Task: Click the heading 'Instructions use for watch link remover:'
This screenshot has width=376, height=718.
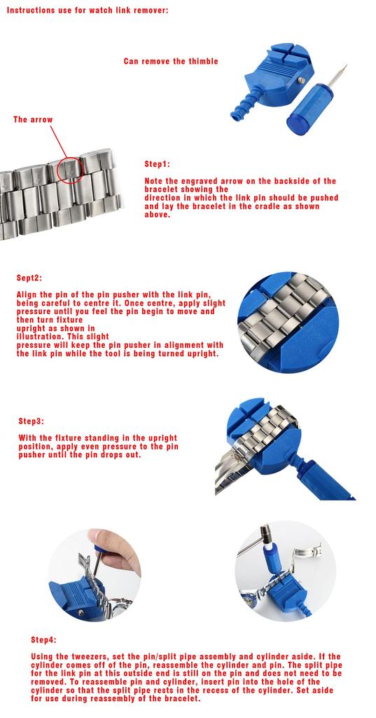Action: (88, 10)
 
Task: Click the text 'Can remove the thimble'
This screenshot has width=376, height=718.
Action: (171, 62)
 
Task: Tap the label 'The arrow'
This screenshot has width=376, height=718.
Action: (33, 119)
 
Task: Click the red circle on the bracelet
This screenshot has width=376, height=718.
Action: (71, 170)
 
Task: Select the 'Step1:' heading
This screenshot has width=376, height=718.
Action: (158, 164)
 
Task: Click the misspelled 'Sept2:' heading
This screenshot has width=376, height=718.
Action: (29, 278)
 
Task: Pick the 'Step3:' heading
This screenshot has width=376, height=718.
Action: (32, 421)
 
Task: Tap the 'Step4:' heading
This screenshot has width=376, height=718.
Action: (44, 639)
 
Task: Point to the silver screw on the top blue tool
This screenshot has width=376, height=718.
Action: (302, 80)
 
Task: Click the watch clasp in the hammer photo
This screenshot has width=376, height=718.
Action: (307, 551)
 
